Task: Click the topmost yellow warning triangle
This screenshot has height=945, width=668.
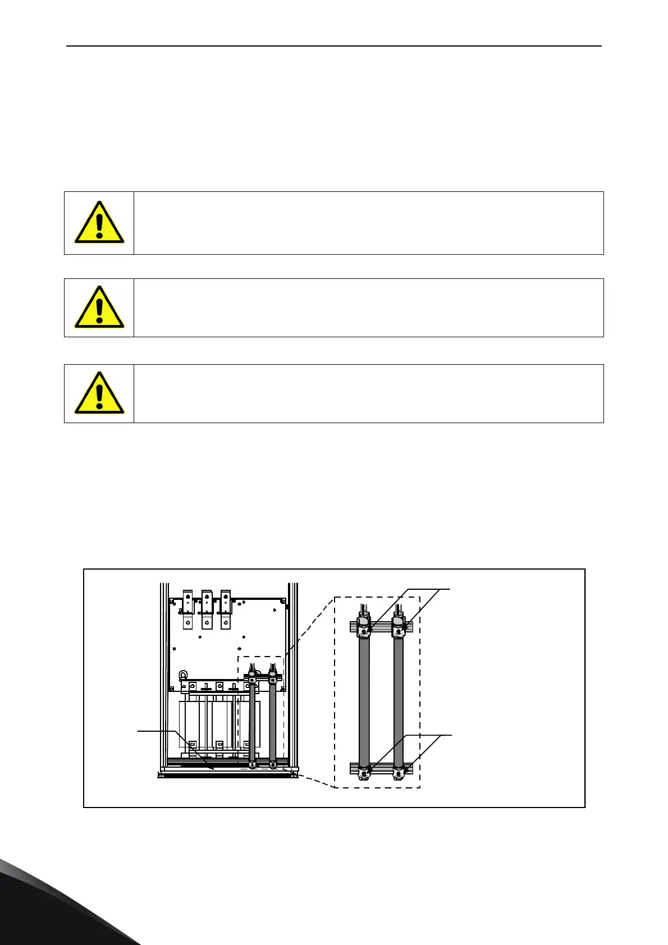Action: click(x=99, y=223)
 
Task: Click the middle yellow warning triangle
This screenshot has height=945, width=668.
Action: click(x=99, y=308)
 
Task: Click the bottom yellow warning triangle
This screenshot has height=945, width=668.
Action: click(x=99, y=393)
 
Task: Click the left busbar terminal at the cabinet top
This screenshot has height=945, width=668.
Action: click(x=188, y=609)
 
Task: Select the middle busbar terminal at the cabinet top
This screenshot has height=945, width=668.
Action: click(x=207, y=609)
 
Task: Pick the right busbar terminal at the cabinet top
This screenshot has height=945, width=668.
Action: click(x=226, y=609)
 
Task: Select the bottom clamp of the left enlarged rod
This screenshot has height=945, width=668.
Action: click(x=364, y=772)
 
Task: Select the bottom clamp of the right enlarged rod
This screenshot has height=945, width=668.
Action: click(x=399, y=772)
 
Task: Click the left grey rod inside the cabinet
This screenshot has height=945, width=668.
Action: click(x=253, y=724)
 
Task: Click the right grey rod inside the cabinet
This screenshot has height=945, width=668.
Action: click(x=273, y=724)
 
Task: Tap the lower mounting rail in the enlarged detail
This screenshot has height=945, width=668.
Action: click(x=381, y=767)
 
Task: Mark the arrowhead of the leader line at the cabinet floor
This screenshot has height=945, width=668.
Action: click(x=213, y=768)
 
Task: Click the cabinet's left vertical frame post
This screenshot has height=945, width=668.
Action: click(x=164, y=673)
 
